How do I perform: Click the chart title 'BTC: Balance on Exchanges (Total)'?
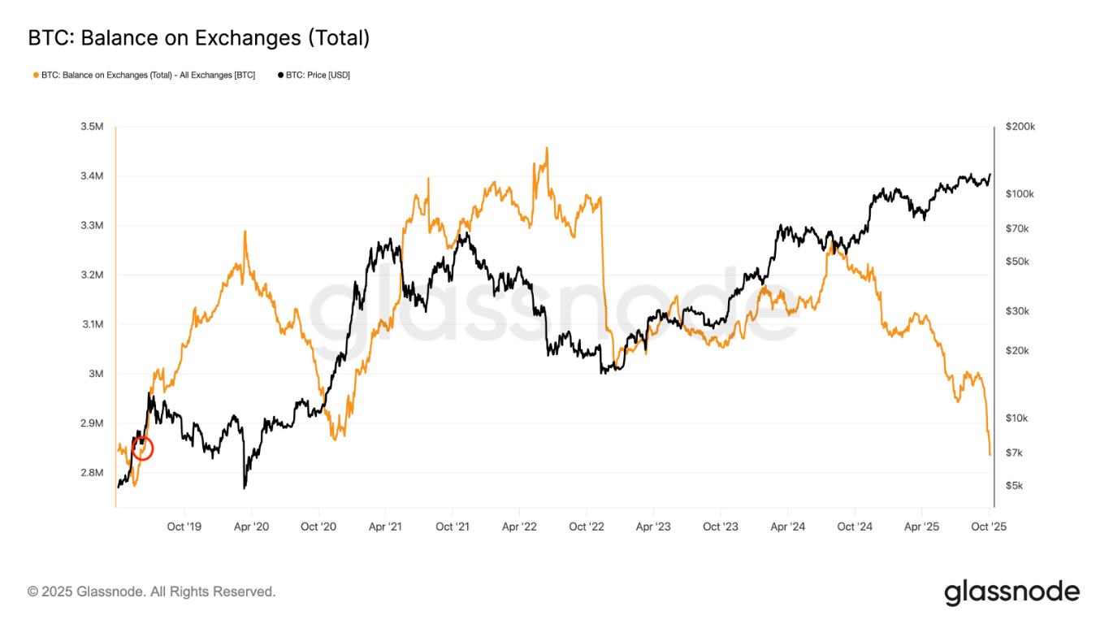click(x=199, y=37)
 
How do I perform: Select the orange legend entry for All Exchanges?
click(x=144, y=75)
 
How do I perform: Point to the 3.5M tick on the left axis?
click(x=92, y=127)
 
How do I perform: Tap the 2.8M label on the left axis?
click(x=92, y=473)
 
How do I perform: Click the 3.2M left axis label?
click(x=92, y=275)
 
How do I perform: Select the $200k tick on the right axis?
click(x=1020, y=127)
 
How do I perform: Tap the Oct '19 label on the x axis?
click(x=184, y=526)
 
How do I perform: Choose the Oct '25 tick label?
click(x=989, y=526)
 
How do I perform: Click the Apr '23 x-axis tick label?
click(x=653, y=526)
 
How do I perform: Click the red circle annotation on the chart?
click(x=142, y=448)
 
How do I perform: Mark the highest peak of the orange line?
click(x=547, y=148)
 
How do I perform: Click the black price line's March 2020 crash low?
click(x=244, y=487)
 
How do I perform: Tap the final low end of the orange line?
click(x=990, y=454)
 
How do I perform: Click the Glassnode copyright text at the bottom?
click(x=151, y=591)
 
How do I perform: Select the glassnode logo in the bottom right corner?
click(x=1012, y=592)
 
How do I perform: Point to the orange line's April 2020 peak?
click(x=245, y=232)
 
